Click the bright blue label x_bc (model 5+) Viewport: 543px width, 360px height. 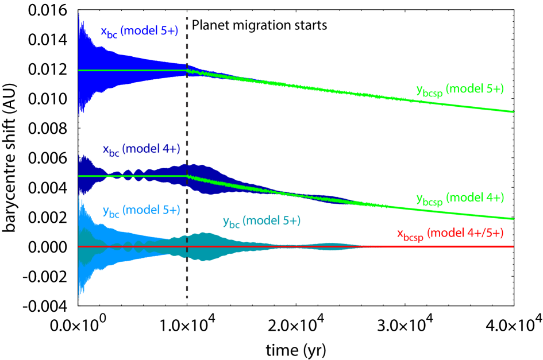(139, 33)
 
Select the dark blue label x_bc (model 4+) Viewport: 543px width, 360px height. (141, 149)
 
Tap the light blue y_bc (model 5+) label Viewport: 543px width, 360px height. (141, 211)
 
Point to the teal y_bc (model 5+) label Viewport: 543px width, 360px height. (261, 222)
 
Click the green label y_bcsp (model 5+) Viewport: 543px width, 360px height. (460, 90)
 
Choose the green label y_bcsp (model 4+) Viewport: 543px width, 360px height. (460, 198)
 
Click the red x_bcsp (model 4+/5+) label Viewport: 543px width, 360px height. (455, 234)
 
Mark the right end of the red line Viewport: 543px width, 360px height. (513, 246)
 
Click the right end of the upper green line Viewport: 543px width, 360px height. (513, 111)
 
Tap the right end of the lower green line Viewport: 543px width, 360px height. (513, 218)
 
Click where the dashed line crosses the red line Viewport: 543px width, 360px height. (187, 246)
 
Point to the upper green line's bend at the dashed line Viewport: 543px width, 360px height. (187, 70)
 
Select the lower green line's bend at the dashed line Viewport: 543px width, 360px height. (187, 176)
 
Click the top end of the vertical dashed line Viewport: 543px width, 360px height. (187, 10)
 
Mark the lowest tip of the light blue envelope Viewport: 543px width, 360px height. (79, 297)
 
